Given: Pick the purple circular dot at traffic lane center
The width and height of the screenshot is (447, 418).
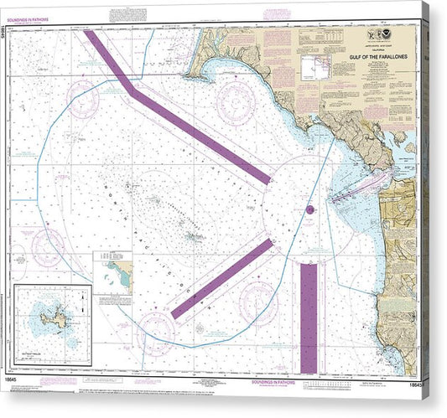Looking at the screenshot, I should [x=309, y=209].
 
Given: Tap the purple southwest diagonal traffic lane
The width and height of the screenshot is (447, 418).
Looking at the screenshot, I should [x=222, y=278].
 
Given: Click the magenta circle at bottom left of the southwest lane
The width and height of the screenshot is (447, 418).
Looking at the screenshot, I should [x=154, y=328].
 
